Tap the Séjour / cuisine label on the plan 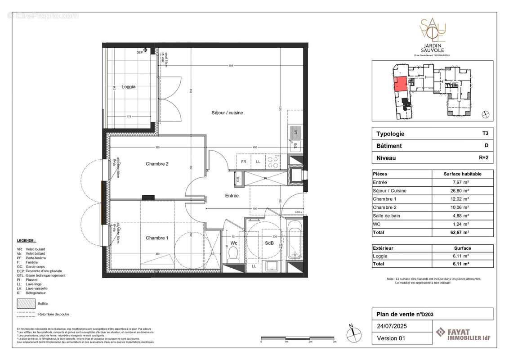(x=228, y=113)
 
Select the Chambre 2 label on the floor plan (x=157, y=164)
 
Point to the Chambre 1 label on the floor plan (x=157, y=238)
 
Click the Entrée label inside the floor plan (x=232, y=196)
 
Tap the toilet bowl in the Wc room (x=232, y=257)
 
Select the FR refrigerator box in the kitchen (x=244, y=161)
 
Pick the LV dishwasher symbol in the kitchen (x=295, y=132)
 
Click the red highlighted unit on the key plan (x=400, y=84)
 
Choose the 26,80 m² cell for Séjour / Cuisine (x=462, y=191)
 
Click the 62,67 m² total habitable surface (x=462, y=232)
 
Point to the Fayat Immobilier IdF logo (x=463, y=335)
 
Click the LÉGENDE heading (x=27, y=241)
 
